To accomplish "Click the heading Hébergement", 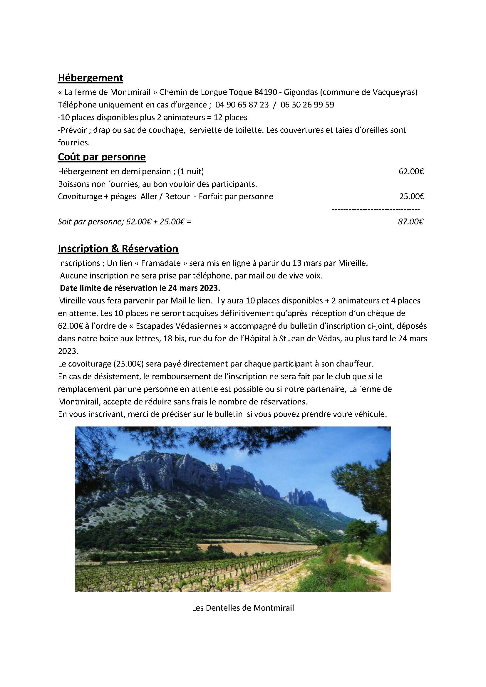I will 90,78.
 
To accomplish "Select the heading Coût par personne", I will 102,157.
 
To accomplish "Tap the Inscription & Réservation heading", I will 118,249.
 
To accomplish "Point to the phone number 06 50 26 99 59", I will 307,105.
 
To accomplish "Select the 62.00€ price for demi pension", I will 411,172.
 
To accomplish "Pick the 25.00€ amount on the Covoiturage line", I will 411,196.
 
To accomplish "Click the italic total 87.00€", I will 410,222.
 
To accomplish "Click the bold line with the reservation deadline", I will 140,288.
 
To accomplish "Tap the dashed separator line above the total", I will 376,209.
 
